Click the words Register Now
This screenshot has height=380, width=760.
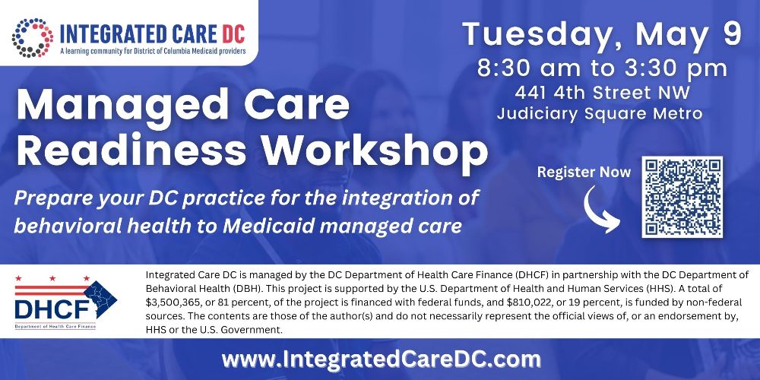(x=584, y=172)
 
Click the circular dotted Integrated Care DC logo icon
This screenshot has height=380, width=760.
(x=31, y=38)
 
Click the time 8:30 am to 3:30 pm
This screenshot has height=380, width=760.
(x=603, y=68)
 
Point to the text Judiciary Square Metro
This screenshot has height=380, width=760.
(x=600, y=114)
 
